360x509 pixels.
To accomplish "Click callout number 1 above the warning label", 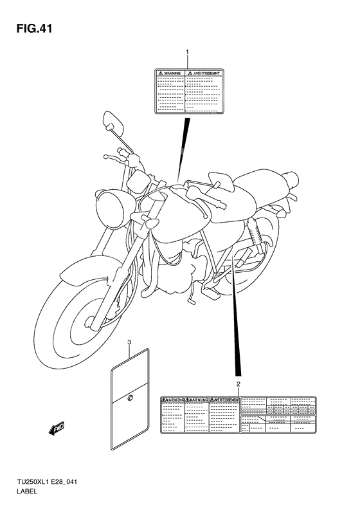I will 187,51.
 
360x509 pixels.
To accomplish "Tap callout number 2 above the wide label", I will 239,384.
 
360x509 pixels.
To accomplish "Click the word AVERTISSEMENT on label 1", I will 204,74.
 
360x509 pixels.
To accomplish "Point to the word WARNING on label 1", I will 170,74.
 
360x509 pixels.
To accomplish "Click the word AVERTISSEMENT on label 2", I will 224,400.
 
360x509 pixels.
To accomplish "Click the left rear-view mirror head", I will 113,120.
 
